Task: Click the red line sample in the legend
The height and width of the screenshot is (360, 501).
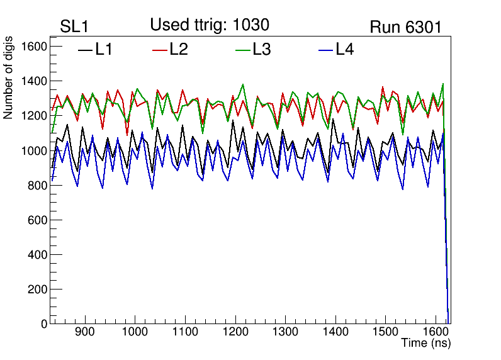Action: (160, 50)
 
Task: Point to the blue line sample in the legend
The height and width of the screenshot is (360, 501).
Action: (325, 50)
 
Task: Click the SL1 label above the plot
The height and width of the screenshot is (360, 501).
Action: (74, 27)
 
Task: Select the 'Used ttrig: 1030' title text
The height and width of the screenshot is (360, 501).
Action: (210, 25)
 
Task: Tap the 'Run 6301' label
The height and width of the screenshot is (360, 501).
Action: (405, 27)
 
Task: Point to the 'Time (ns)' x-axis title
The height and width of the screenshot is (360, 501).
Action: (426, 344)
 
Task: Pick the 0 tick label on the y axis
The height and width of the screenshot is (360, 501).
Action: (44, 324)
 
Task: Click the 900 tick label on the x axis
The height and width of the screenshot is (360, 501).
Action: (84, 332)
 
